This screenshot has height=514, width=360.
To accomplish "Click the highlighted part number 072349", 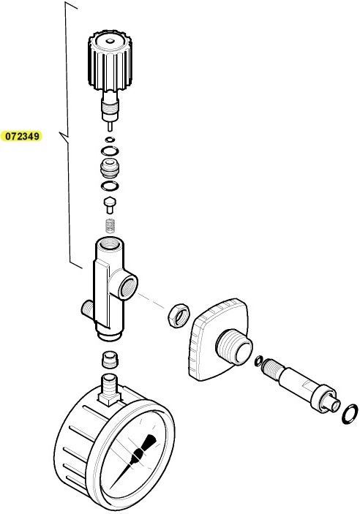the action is point(22,136).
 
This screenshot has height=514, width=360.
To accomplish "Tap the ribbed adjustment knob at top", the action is point(110,61).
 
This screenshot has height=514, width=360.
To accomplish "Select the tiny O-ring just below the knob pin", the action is point(110,140).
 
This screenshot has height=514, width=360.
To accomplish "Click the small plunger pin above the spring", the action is point(109,203).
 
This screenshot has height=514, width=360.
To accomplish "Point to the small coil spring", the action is point(110,225).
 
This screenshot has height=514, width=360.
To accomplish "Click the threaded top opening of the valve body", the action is point(110,243).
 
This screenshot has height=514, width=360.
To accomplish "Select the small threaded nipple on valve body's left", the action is point(86,309).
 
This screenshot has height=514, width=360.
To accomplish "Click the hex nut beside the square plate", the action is point(179,315).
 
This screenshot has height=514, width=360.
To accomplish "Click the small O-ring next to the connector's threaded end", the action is point(258,360).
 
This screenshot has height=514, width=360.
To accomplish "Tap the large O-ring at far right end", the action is point(350,414).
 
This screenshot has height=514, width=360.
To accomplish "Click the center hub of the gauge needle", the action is point(137,455).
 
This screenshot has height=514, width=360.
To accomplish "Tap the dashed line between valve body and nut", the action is point(151,301).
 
